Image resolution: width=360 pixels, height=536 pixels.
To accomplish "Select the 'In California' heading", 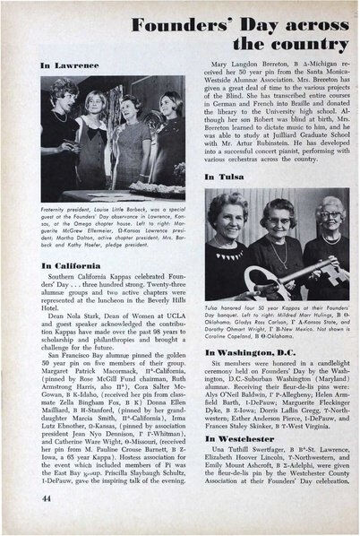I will pos(72,267).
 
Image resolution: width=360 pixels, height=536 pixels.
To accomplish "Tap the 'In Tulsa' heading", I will pos(224,177).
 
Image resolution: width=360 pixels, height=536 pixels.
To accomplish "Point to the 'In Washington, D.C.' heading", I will pos(255,355).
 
